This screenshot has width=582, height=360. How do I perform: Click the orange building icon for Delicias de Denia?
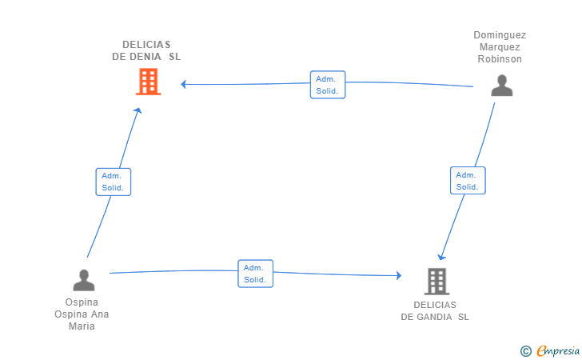point(149,82)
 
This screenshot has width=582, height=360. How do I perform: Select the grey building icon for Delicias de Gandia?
point(436,282)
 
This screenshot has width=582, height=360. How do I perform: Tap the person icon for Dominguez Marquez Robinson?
point(502,86)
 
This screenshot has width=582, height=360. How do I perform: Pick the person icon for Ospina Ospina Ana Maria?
point(84,280)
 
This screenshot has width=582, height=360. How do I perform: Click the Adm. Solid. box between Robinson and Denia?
point(328,85)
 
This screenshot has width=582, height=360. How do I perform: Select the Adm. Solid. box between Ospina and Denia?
point(114,182)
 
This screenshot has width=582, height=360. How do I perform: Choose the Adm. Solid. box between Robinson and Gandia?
point(468,180)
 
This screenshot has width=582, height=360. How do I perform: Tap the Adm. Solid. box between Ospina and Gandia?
point(255,274)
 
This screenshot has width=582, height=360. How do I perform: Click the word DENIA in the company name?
point(145,57)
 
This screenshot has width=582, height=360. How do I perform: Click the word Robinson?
point(500,59)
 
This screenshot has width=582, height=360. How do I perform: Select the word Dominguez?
point(500,35)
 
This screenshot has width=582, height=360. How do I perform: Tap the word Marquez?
point(500,47)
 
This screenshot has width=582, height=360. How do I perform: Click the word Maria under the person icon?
point(82,326)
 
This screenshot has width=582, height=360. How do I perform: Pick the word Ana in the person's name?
point(100,314)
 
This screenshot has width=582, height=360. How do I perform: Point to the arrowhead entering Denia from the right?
point(183,84)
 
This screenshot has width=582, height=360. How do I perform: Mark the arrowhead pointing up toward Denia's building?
point(138,110)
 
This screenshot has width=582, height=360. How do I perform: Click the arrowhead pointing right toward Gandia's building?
point(399,275)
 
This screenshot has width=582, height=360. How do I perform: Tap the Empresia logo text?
point(558,350)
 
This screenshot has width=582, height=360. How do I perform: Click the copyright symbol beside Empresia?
point(526,351)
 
